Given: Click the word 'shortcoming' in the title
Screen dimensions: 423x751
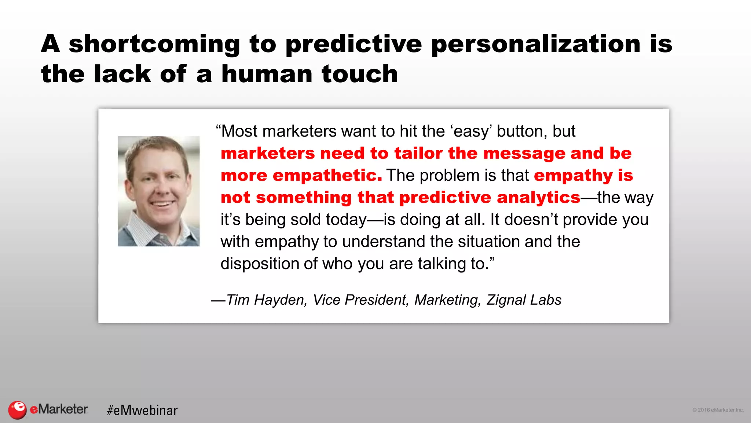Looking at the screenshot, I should [x=154, y=44].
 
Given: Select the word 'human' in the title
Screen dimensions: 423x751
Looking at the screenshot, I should [x=267, y=74].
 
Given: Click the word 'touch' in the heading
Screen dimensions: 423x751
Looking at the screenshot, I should [x=360, y=74].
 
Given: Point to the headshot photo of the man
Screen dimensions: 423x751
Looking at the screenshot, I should [x=158, y=191].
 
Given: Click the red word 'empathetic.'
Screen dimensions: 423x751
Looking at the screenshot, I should [x=327, y=176].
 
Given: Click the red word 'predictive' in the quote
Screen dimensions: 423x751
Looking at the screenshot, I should [x=445, y=198].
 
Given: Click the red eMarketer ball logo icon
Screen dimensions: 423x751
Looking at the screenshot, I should [x=17, y=409].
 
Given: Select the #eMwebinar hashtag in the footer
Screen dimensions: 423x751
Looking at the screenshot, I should [x=142, y=410].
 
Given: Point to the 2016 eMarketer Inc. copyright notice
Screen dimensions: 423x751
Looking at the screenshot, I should [x=717, y=410].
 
